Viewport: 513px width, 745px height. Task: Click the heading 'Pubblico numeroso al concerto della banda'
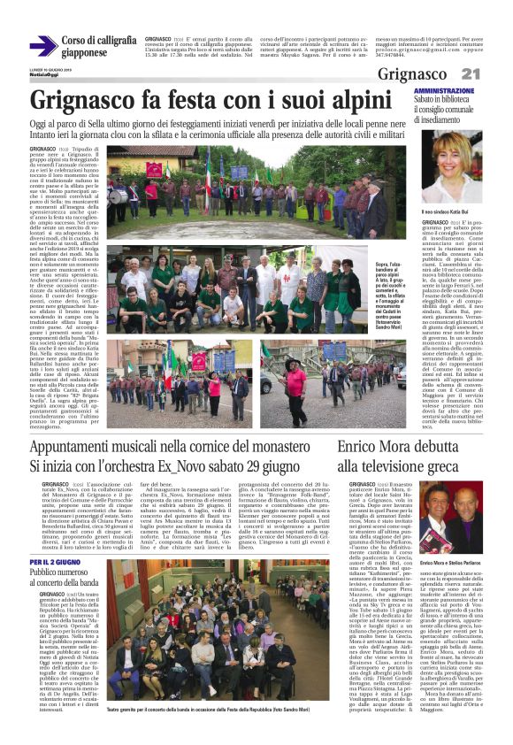coord(67,579)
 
